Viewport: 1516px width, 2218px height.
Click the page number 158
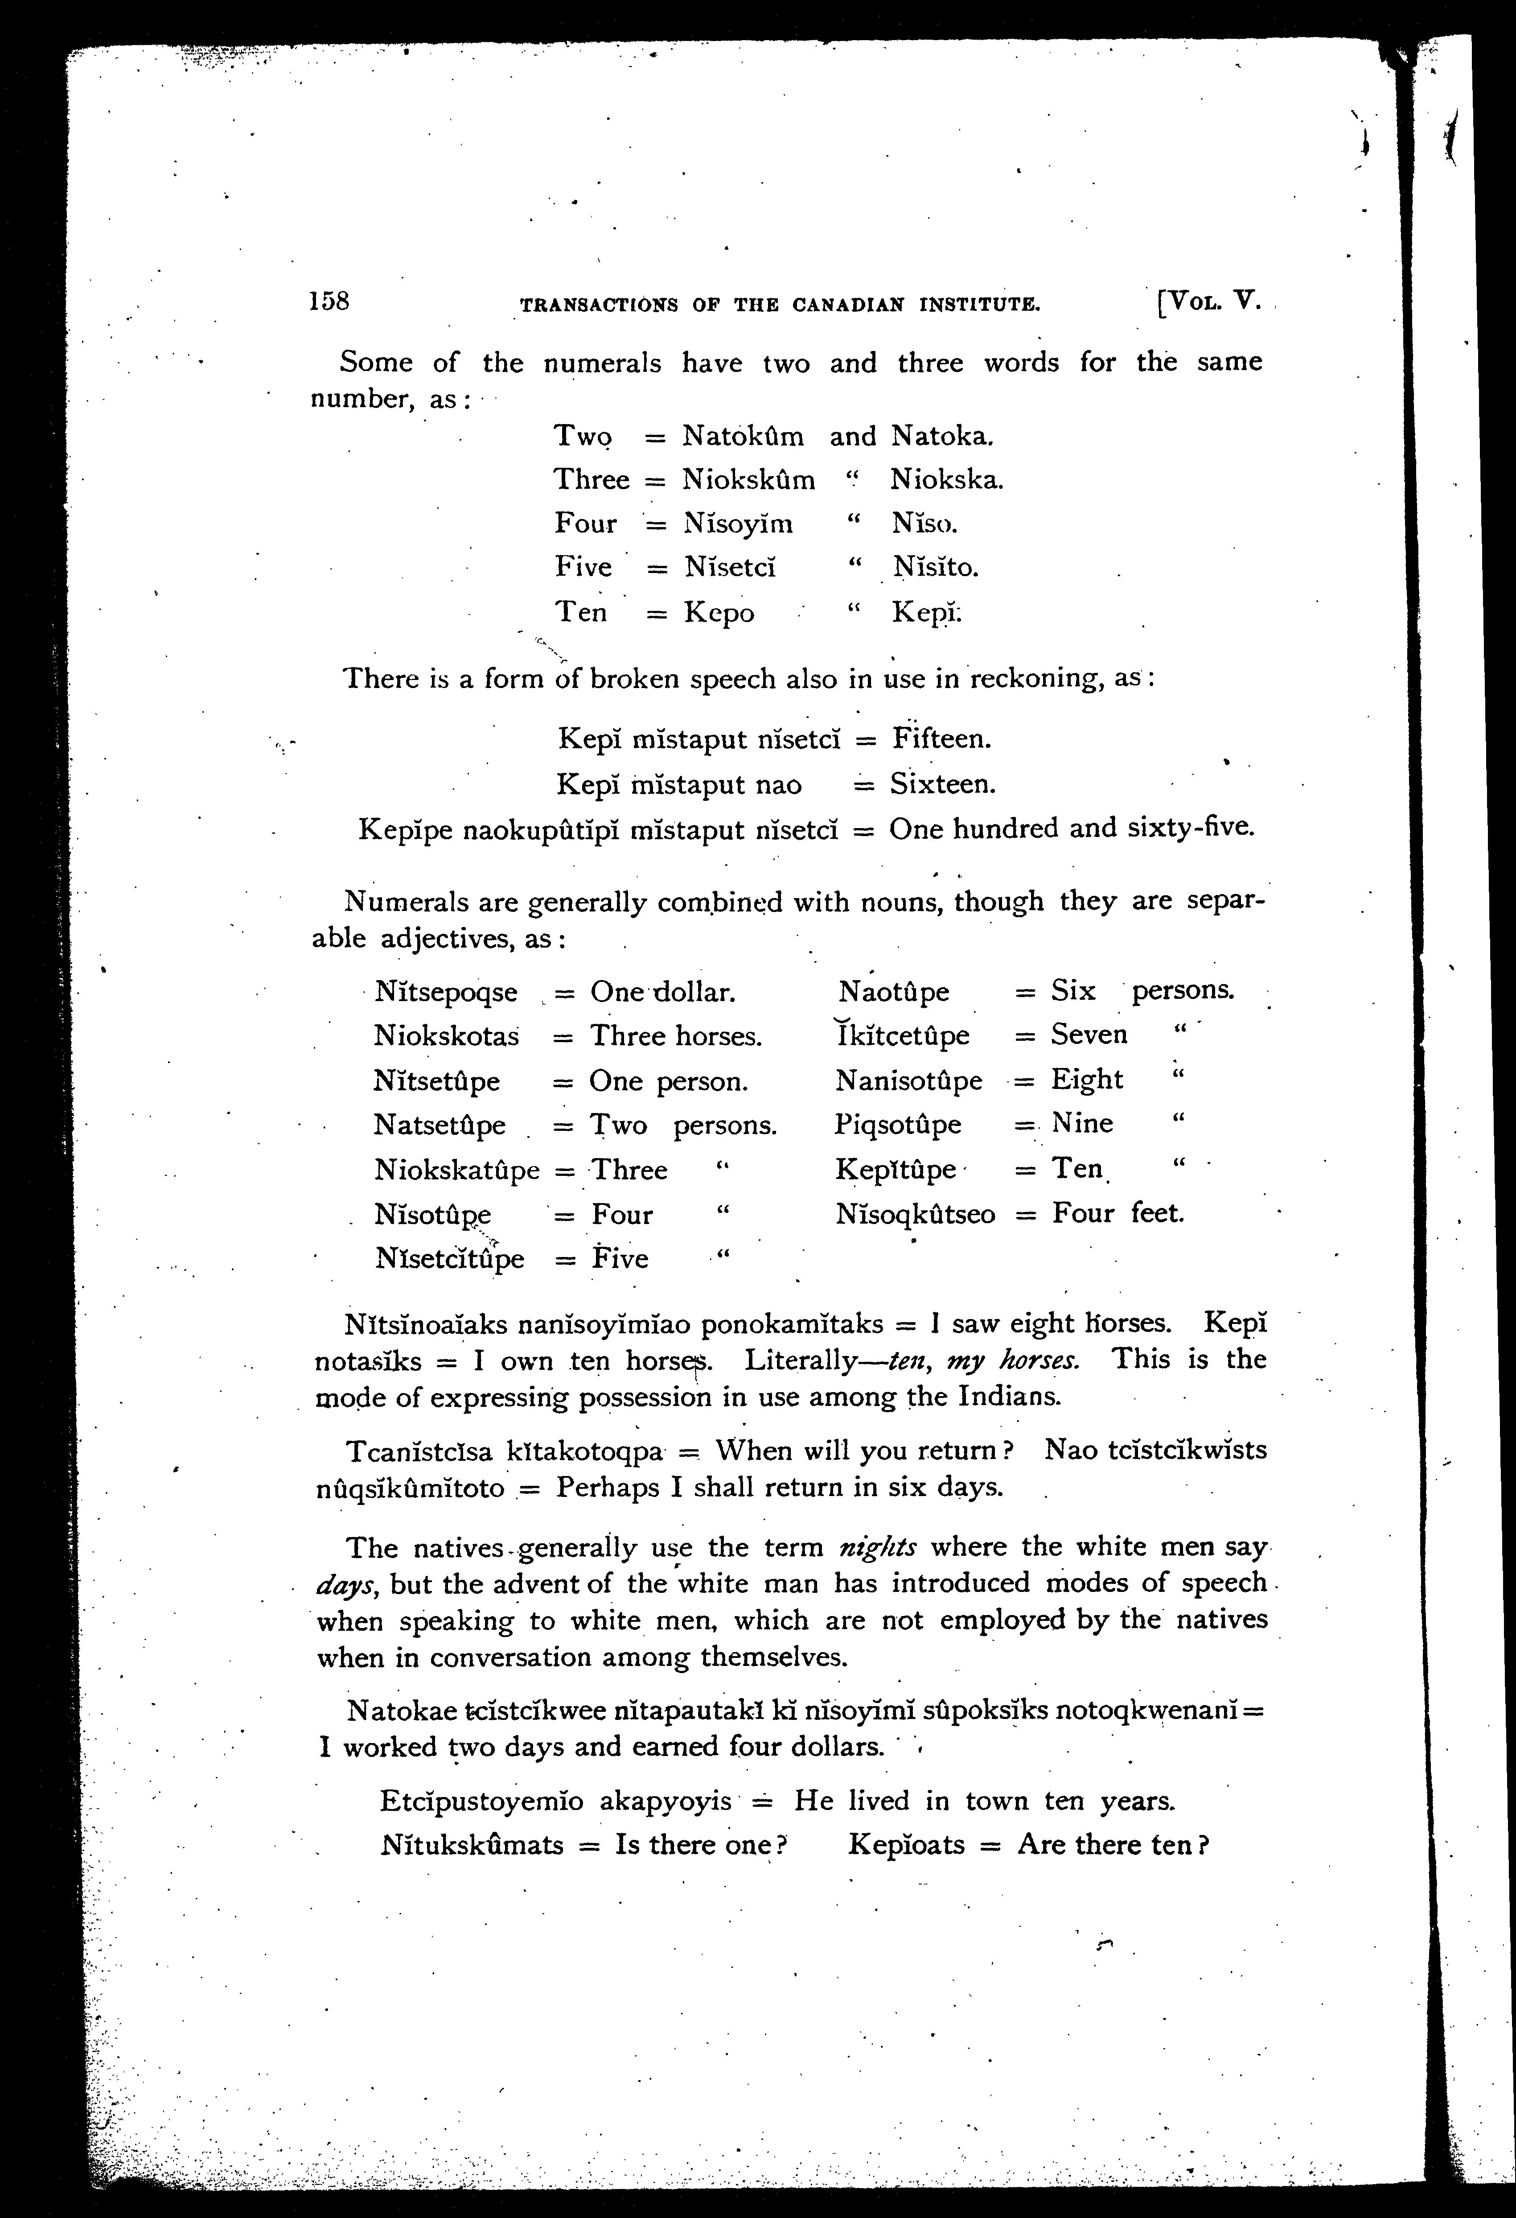(329, 301)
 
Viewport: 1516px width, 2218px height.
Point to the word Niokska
(946, 479)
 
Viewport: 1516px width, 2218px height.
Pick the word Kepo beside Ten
(719, 613)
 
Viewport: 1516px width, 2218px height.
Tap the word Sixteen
(943, 784)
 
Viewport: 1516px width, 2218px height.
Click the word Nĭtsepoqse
(446, 993)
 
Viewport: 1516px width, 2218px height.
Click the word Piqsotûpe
(898, 1124)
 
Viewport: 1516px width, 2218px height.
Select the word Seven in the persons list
(1089, 1035)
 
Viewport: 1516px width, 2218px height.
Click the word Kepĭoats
(906, 1845)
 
